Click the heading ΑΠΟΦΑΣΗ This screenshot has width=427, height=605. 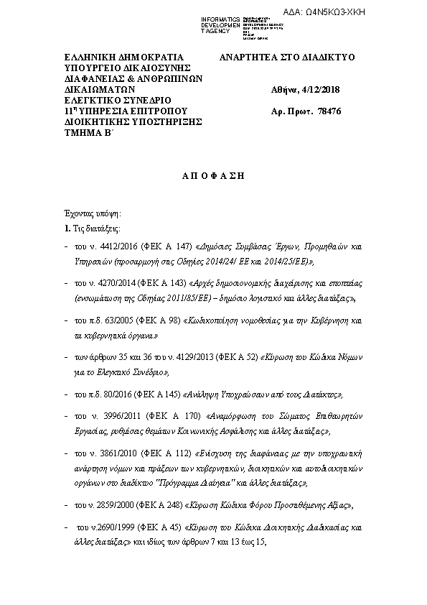[213, 177]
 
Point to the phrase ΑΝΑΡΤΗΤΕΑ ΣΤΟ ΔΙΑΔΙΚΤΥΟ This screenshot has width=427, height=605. [288, 57]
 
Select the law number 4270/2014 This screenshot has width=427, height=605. [114, 283]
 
